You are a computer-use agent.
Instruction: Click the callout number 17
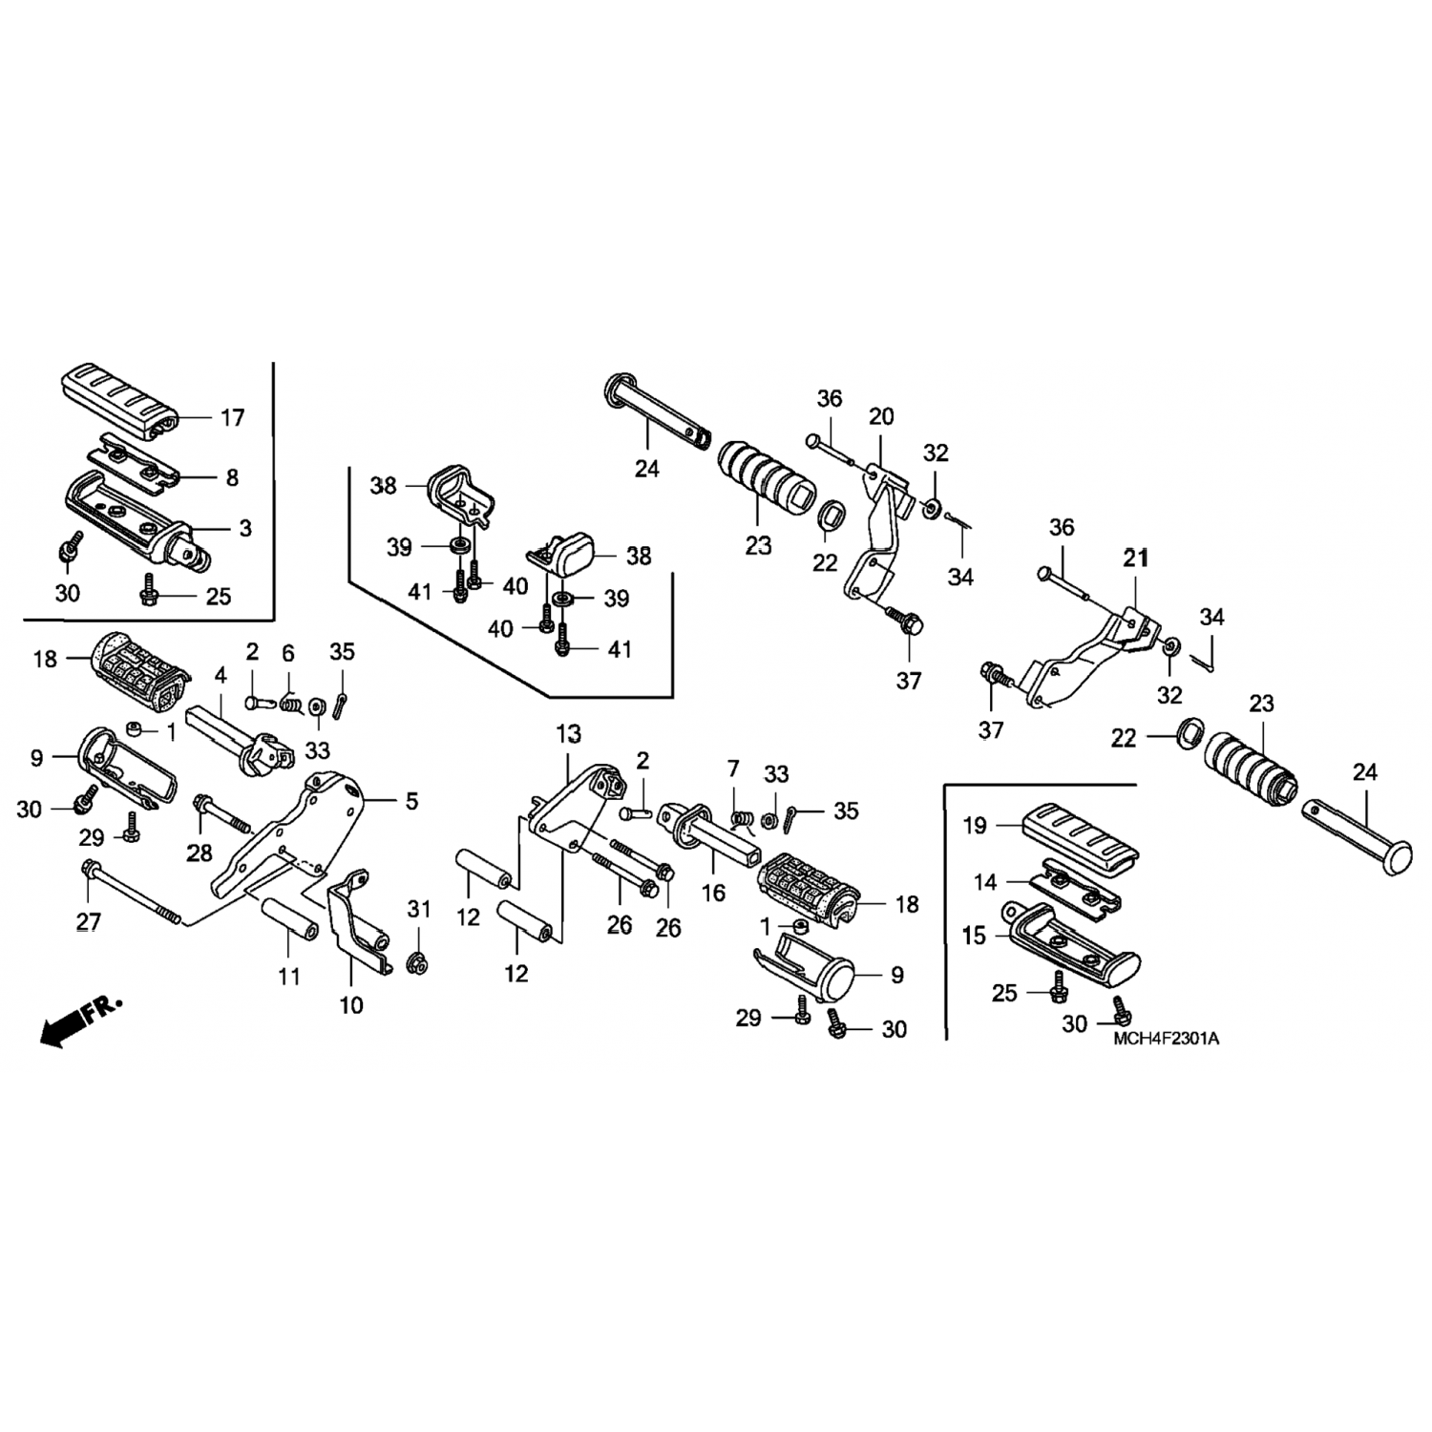coord(232,417)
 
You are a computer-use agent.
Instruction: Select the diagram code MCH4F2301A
coord(1166,1039)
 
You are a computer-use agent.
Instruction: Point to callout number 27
coord(88,921)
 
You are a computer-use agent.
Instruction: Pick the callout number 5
coord(411,801)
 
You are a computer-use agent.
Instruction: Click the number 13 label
coord(568,734)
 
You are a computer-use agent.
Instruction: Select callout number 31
coord(419,909)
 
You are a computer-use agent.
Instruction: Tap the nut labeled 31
coord(416,963)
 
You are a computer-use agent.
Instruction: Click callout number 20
coord(880,416)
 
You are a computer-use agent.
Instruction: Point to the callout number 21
coord(1135,558)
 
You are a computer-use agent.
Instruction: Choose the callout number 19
coord(974,825)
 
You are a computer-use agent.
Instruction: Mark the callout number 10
coord(351,1004)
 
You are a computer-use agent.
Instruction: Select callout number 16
coord(713,893)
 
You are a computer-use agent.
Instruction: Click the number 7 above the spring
coord(732,769)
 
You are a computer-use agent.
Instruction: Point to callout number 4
coord(221,675)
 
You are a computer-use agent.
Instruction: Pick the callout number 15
coord(974,936)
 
